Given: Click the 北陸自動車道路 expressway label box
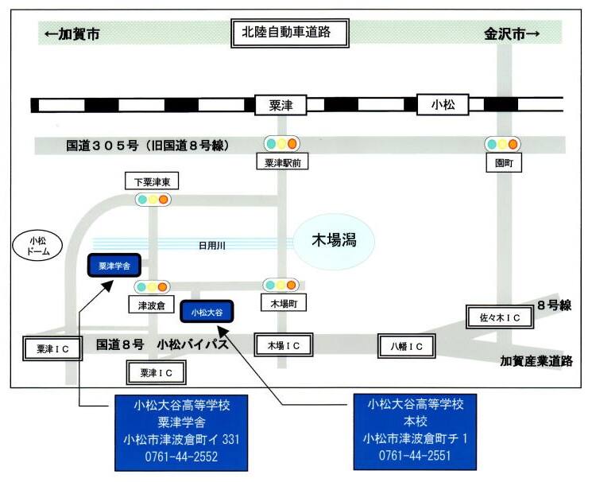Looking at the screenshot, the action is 289,33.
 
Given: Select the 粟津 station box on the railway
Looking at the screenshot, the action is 281,105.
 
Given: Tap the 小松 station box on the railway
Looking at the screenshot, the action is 443,104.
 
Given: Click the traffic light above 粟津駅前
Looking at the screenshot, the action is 281,144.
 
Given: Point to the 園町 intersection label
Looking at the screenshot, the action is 504,163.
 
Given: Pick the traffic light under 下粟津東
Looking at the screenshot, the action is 153,199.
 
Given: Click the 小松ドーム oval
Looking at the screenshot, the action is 38,246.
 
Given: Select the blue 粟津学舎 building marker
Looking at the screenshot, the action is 114,266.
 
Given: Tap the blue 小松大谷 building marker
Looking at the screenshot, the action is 207,312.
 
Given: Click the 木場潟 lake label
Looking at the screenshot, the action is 334,240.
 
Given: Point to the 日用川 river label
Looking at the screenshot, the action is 212,246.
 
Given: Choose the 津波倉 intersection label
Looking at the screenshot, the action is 152,305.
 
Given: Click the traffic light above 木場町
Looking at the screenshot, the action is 281,285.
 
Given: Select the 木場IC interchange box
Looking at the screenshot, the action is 284,344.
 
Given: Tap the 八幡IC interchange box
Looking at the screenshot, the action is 407,346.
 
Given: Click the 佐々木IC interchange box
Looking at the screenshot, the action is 500,317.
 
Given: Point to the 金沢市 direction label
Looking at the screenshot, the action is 512,34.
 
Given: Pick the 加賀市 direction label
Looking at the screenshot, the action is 72,34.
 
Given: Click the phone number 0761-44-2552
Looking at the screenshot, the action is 181,457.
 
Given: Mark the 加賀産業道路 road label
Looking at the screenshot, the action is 536,361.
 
